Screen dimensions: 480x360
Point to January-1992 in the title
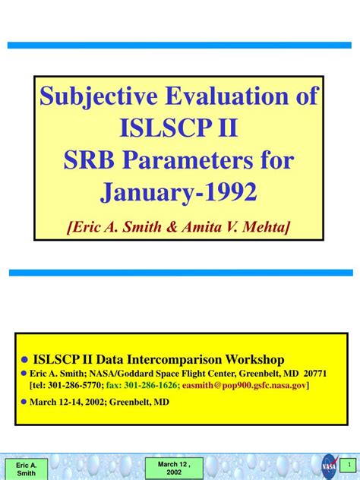point(179,191)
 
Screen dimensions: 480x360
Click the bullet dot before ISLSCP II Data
point(24,360)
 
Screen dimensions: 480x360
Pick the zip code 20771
point(314,374)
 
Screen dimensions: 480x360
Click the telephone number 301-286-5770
point(74,385)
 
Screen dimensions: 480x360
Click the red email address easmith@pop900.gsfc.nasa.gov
point(245,385)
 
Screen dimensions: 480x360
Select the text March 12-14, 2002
point(67,402)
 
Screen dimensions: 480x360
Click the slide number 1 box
point(349,463)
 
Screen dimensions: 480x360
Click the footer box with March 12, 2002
point(172,468)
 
